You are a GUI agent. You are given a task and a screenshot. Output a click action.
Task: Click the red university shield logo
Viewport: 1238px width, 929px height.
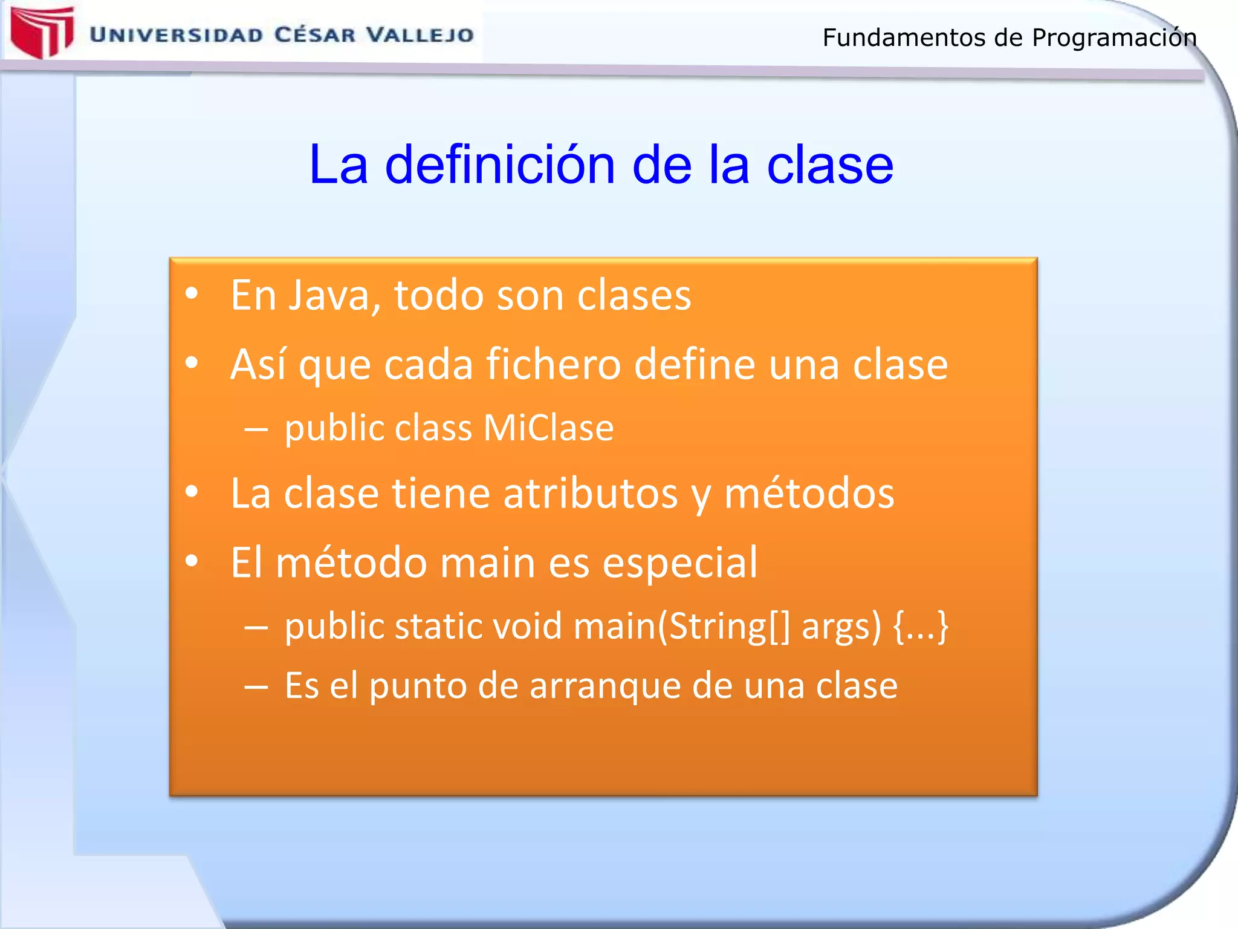(x=42, y=31)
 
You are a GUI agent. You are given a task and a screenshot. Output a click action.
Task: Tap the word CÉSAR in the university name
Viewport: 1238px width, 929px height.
(x=315, y=34)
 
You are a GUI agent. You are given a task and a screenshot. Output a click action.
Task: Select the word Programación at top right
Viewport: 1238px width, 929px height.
(x=1114, y=38)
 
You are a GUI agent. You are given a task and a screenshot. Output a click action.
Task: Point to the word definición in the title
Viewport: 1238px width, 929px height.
(x=500, y=165)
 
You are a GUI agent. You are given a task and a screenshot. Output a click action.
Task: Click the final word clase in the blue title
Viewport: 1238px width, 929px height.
(x=830, y=165)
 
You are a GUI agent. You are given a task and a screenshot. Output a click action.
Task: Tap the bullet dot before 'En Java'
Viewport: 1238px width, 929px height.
(x=192, y=294)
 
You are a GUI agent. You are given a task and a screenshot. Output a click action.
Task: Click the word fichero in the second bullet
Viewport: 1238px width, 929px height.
(x=553, y=364)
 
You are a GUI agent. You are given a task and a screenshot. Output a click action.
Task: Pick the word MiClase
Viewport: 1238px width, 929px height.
(x=548, y=428)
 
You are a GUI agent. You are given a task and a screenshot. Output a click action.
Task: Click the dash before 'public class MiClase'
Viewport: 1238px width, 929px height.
(x=256, y=429)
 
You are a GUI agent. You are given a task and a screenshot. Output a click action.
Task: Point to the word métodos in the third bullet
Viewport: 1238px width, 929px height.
(x=809, y=493)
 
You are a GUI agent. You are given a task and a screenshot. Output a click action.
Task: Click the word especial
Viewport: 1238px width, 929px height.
(x=679, y=562)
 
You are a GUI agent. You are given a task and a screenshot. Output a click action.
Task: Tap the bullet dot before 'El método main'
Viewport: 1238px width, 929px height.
(x=192, y=561)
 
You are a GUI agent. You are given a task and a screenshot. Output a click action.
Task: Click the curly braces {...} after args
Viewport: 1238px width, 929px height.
(x=921, y=627)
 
